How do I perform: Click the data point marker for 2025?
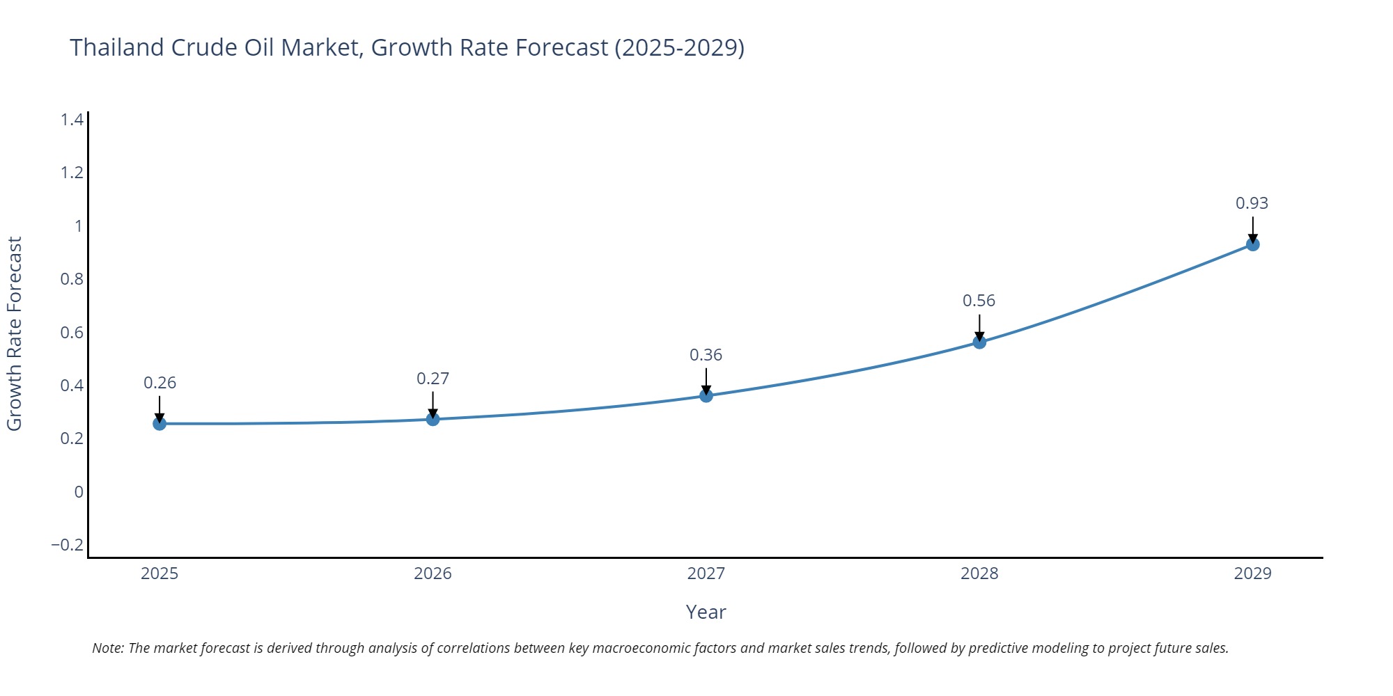(159, 423)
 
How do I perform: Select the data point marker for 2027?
(706, 395)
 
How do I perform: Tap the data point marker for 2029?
(1252, 244)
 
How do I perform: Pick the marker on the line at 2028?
(979, 342)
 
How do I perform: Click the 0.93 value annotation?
(1252, 203)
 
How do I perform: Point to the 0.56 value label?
(979, 301)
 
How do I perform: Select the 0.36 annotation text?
(706, 355)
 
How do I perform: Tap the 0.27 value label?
(433, 379)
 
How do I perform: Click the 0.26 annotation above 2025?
(159, 383)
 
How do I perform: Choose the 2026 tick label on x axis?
(433, 574)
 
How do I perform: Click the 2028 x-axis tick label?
(979, 574)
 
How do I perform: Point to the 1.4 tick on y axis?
(72, 120)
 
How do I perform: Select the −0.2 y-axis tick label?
(67, 544)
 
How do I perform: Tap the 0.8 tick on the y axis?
(72, 279)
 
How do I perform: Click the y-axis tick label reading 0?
(79, 492)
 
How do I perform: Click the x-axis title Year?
(706, 612)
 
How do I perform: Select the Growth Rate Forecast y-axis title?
(15, 333)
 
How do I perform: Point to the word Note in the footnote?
(107, 648)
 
